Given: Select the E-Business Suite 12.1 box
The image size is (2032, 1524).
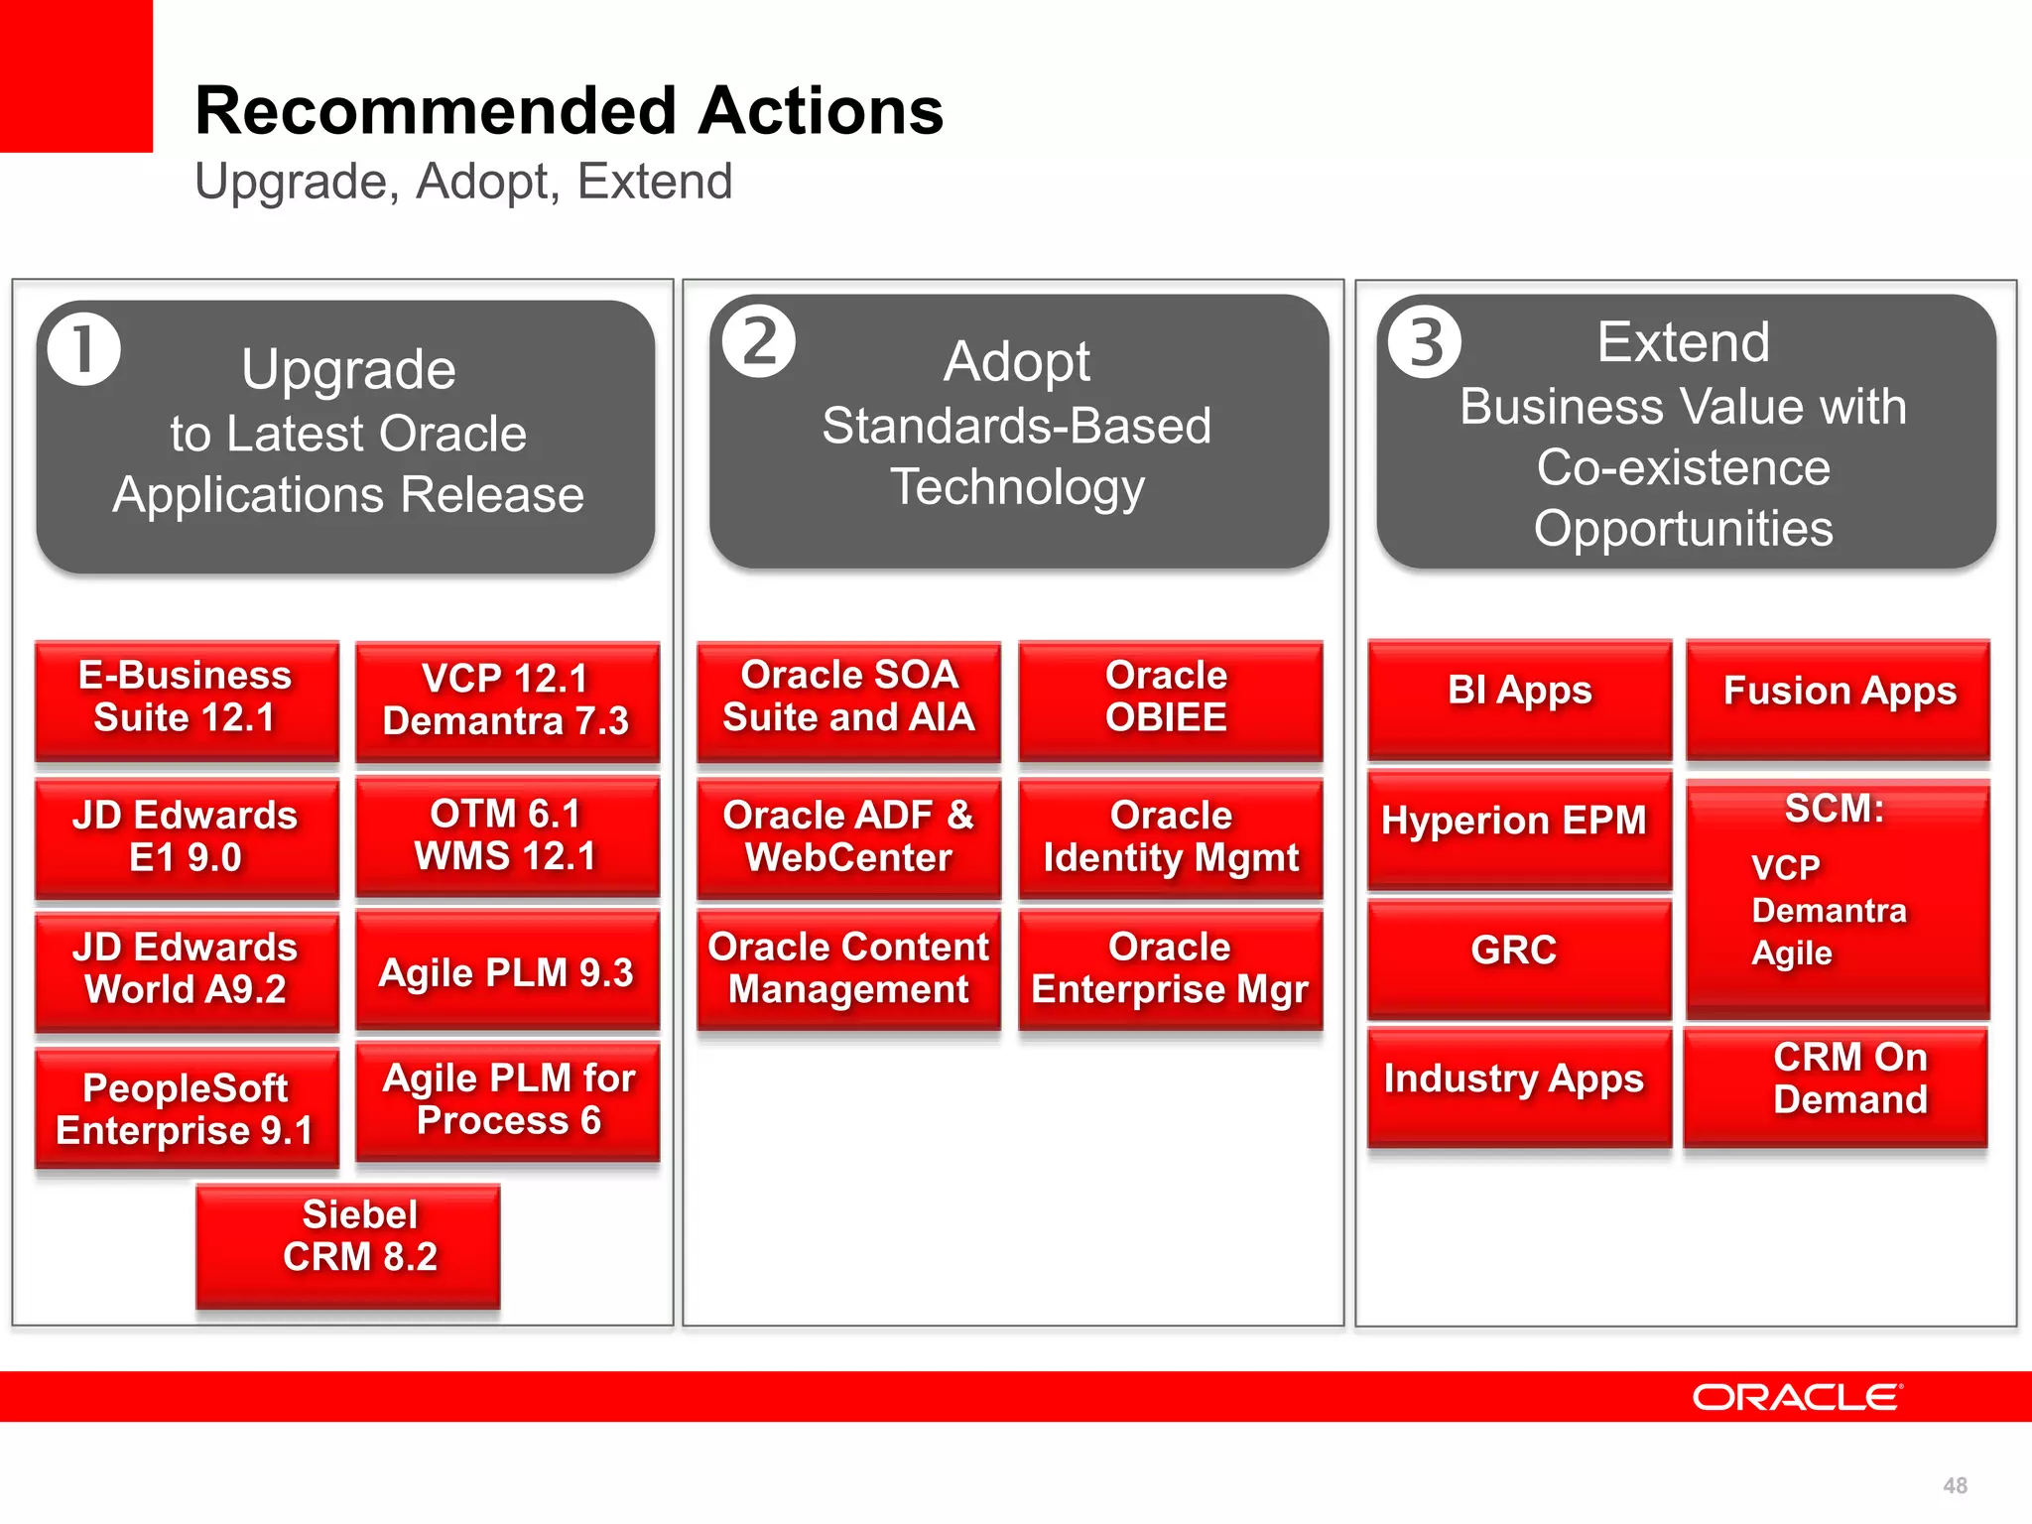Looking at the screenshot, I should tap(187, 699).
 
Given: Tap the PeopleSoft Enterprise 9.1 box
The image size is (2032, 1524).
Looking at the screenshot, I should tap(187, 1108).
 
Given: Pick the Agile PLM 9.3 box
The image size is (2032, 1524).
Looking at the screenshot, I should tap(507, 972).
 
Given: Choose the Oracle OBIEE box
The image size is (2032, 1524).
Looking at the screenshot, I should tap(1169, 699).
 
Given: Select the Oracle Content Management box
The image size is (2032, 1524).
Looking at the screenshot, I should tap(848, 969).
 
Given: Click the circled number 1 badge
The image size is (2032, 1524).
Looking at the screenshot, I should tap(84, 349).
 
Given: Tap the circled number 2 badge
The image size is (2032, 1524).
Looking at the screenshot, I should tap(759, 342).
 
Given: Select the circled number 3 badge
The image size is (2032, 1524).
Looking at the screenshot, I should tap(1425, 342).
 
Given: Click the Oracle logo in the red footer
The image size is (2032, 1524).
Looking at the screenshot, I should tap(1796, 1397).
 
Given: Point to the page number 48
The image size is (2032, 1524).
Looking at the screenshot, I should tap(1955, 1485).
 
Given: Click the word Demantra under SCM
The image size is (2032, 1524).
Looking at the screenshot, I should tap(1829, 910).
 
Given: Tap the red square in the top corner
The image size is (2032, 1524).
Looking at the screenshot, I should tap(75, 75).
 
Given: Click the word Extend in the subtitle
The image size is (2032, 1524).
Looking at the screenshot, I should tap(655, 183).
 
